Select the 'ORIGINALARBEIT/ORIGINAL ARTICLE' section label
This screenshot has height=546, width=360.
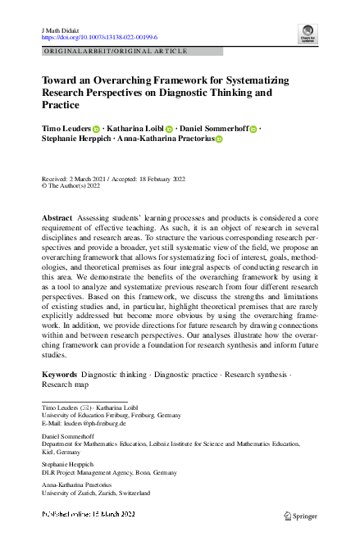113,51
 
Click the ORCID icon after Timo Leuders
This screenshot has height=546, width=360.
96,129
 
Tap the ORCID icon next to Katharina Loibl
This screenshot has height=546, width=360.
169,129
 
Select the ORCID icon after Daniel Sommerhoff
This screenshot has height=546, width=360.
253,129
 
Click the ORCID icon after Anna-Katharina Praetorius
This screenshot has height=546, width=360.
219,140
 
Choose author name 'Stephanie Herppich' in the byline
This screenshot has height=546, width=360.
79,140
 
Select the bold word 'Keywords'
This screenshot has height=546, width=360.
59,374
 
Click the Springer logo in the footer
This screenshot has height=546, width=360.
301,516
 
